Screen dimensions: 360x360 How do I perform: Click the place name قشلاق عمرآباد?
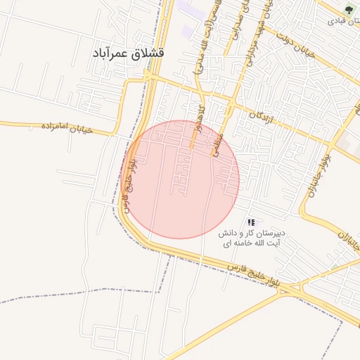click(x=128, y=53)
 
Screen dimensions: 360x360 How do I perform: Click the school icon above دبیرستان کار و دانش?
click(x=251, y=222)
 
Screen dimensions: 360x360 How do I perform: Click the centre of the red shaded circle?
click(x=181, y=179)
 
